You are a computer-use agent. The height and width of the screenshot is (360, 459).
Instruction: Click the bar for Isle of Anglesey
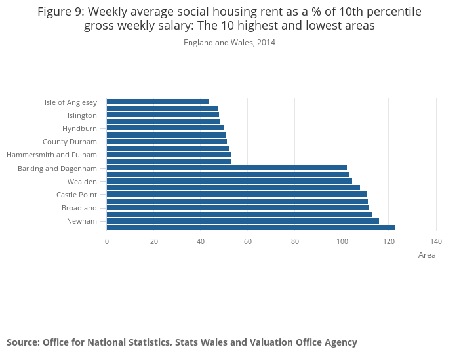[x=157, y=102]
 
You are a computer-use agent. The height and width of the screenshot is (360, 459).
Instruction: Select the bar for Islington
[x=163, y=115]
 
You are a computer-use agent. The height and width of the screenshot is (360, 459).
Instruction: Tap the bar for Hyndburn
[x=165, y=128]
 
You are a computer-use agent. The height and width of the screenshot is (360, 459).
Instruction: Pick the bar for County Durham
[x=167, y=142]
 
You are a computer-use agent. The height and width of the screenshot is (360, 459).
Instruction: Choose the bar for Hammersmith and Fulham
[x=169, y=155]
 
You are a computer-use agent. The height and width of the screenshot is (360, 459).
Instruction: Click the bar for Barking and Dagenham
[x=226, y=168]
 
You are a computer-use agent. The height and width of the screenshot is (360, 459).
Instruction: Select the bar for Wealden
[x=229, y=181]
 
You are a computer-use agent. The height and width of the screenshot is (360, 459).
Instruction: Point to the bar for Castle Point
[x=236, y=194]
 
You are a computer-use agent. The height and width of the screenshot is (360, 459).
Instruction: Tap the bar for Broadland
[x=237, y=208]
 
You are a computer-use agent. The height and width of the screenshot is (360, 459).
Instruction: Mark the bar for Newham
[x=243, y=221]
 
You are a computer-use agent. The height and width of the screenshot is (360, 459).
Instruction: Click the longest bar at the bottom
[x=250, y=228]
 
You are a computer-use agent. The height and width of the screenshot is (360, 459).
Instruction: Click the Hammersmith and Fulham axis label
[x=51, y=155]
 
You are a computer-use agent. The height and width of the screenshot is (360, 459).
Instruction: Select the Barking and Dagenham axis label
[x=57, y=169]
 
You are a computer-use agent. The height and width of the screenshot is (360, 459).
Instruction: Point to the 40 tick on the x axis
[x=201, y=241]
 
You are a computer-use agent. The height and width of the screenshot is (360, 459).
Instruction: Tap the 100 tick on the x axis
[x=342, y=241]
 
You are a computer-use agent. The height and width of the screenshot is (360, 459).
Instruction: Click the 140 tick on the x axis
[x=436, y=241]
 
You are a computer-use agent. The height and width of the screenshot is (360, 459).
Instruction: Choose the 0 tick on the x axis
[x=107, y=241]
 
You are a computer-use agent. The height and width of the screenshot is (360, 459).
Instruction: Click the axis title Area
[x=427, y=255]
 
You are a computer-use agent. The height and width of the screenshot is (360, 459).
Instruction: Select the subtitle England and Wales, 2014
[x=229, y=43]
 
